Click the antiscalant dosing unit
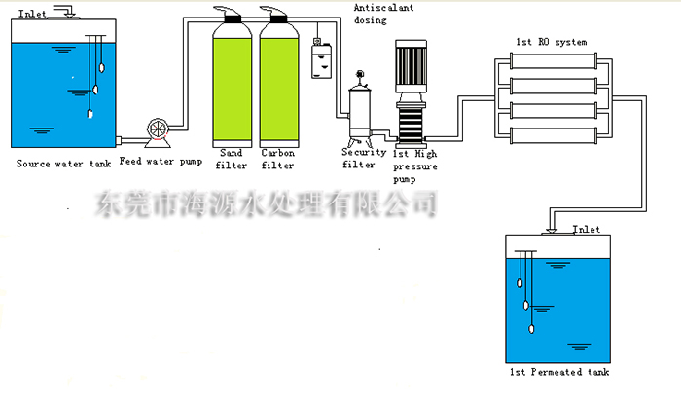point(317,59)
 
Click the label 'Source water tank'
point(58,164)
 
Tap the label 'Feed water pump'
point(161,160)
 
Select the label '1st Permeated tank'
point(559,373)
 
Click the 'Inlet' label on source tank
point(32,10)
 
